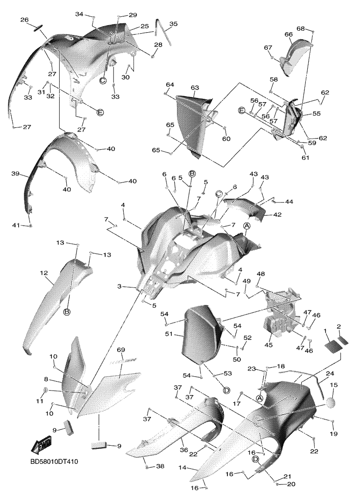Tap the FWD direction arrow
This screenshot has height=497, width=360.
point(41,447)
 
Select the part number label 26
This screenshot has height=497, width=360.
point(24,20)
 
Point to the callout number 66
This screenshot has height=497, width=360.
point(288,34)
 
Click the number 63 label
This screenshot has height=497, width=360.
point(195,87)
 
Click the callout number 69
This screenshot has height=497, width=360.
point(120,350)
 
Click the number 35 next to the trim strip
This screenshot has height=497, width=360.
point(173,23)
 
